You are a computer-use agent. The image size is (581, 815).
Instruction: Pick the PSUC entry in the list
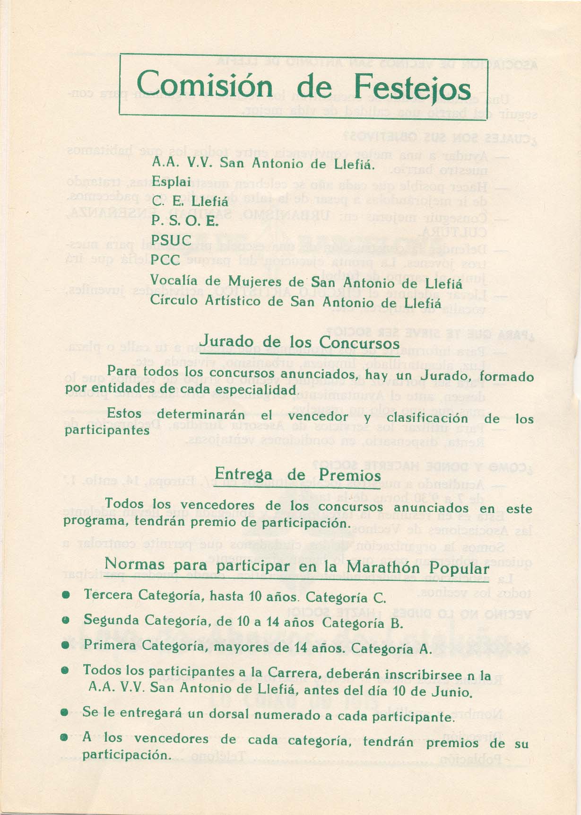(171, 240)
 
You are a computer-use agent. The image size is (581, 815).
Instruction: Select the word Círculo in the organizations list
(174, 300)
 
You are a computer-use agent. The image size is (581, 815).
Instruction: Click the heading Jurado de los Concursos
(300, 342)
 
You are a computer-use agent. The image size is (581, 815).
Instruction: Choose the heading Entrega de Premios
(298, 474)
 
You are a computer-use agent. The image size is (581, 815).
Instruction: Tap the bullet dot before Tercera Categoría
(68, 597)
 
